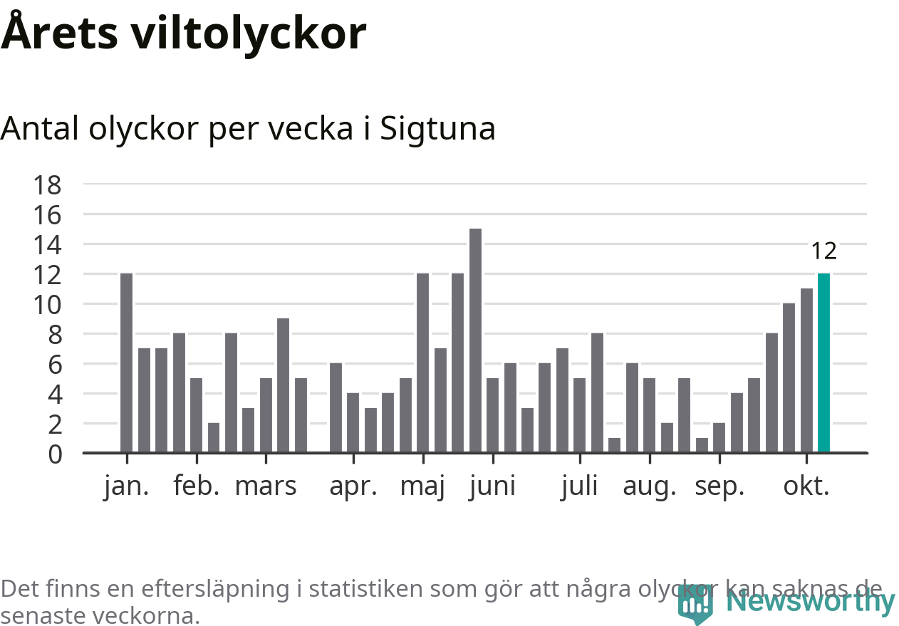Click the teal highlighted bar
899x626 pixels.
tap(823, 363)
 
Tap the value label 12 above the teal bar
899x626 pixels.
tap(823, 251)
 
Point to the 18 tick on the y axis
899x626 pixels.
tap(48, 185)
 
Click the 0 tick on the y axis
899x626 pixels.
tap(54, 454)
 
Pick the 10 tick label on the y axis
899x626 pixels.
tap(48, 304)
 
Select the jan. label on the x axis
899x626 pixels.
tap(126, 486)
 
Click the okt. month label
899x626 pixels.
tap(806, 486)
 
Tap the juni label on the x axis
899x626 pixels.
tap(492, 486)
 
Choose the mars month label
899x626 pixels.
tap(266, 486)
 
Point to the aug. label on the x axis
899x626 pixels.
tap(649, 486)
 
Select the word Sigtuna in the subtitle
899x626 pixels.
tap(437, 129)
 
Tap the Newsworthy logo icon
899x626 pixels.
tap(695, 605)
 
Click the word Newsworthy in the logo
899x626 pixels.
tap(811, 602)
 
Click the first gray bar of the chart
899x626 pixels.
tap(126, 363)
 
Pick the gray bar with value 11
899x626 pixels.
tap(806, 370)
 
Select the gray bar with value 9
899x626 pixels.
tap(283, 385)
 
